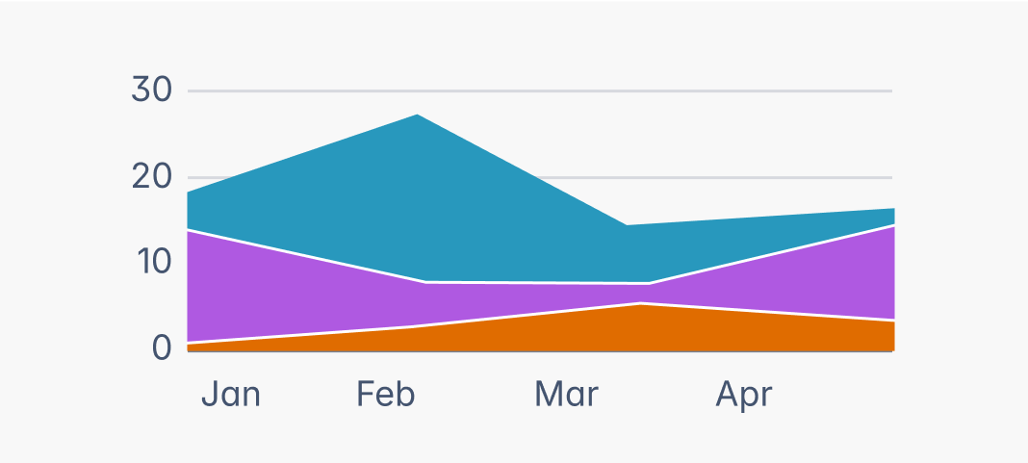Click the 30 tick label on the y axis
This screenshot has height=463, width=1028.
pos(151,90)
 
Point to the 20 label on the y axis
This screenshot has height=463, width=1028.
pos(151,177)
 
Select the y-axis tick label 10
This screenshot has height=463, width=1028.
pos(151,262)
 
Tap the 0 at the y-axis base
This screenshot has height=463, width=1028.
pos(161,347)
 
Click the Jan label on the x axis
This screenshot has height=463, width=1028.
pos(231,395)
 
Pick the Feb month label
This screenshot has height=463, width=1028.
pos(385,395)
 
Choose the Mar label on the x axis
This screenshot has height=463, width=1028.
pos(566,395)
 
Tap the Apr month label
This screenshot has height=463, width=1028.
pos(744,395)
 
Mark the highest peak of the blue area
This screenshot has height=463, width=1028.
pos(418,116)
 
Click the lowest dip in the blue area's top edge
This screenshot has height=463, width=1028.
pos(627,226)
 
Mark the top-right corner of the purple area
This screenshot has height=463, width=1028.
pos(893,226)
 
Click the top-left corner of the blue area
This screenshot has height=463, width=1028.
pos(189,193)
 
